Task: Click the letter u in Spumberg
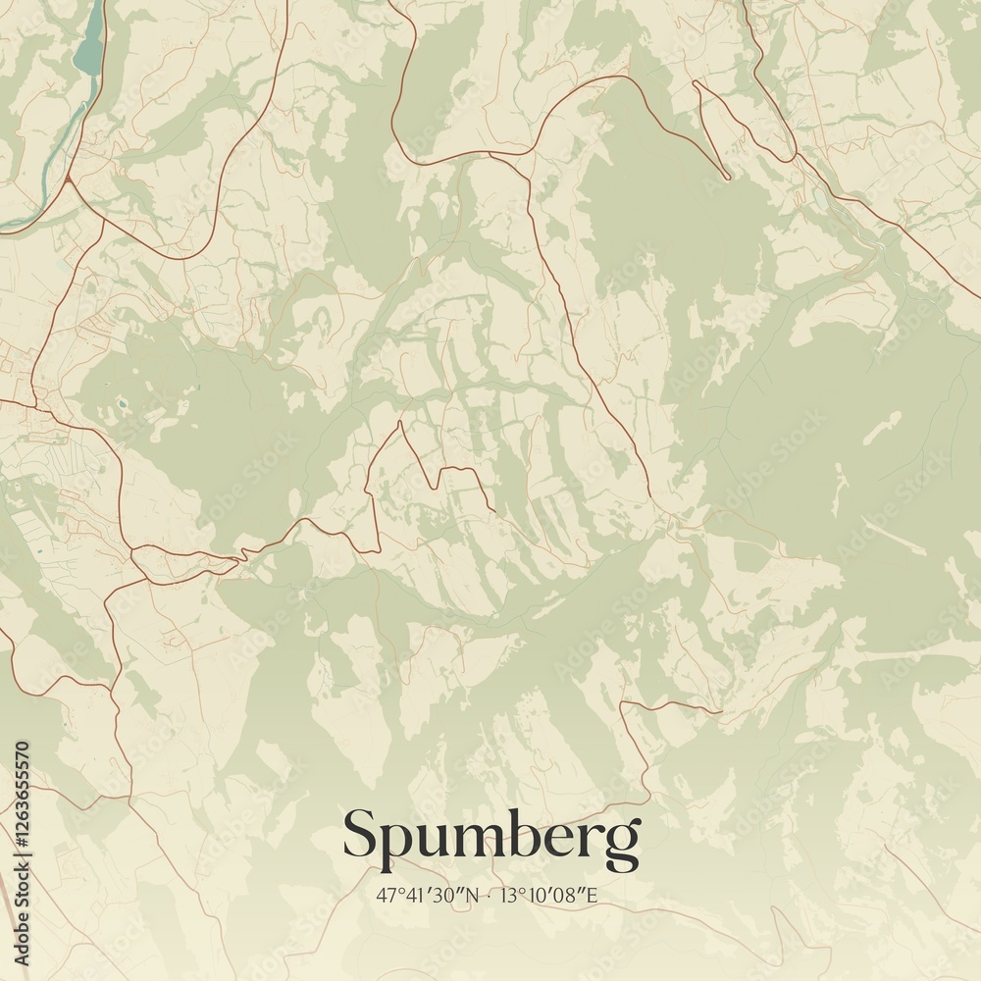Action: click(x=435, y=840)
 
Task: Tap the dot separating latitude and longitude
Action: click(x=488, y=896)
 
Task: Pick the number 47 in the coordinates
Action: click(x=384, y=895)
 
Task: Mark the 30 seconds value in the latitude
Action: click(x=447, y=895)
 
